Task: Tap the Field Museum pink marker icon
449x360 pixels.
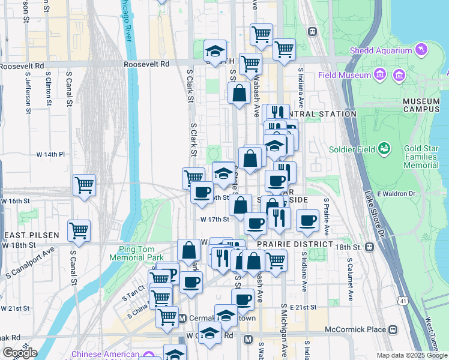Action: point(379,75)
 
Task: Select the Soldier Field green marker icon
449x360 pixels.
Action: point(384,149)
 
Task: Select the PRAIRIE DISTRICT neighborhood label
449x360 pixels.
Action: point(295,245)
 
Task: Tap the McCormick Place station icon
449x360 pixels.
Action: point(393,329)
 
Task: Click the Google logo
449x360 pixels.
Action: point(20,353)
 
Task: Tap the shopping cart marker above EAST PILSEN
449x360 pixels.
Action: point(79,230)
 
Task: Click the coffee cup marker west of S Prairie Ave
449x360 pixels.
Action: point(307,220)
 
